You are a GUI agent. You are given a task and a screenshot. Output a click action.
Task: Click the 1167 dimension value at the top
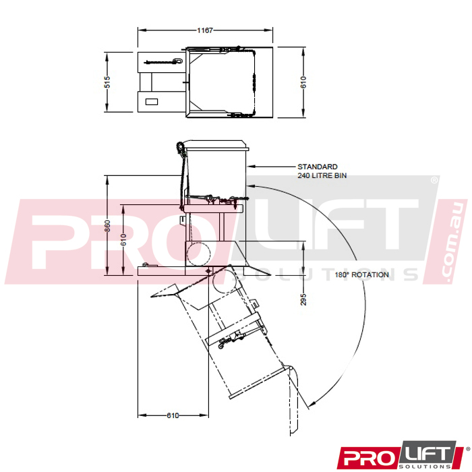click(x=206, y=30)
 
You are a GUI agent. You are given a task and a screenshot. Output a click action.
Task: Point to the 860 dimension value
click(x=108, y=226)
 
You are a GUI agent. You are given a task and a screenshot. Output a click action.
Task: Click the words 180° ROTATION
click(x=361, y=275)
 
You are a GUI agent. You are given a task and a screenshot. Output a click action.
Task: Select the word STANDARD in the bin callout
click(x=317, y=166)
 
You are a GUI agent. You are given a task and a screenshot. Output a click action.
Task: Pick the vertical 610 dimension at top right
click(x=303, y=82)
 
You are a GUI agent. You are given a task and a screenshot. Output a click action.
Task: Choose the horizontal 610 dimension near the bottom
click(x=173, y=415)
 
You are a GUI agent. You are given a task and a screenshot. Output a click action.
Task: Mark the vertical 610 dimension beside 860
click(x=123, y=239)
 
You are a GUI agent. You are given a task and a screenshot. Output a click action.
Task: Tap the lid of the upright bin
click(x=217, y=144)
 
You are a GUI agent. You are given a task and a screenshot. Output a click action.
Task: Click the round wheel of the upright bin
click(x=200, y=253)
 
